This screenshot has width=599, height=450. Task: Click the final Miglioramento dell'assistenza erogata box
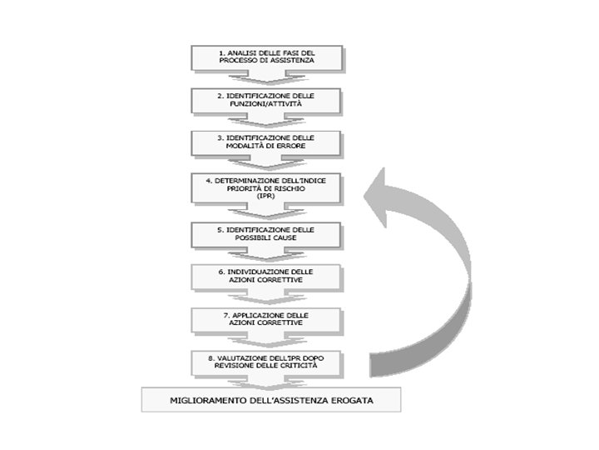[271, 400]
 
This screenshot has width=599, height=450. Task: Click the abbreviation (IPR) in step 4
[266, 197]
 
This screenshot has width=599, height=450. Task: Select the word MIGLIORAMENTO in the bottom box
[205, 400]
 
